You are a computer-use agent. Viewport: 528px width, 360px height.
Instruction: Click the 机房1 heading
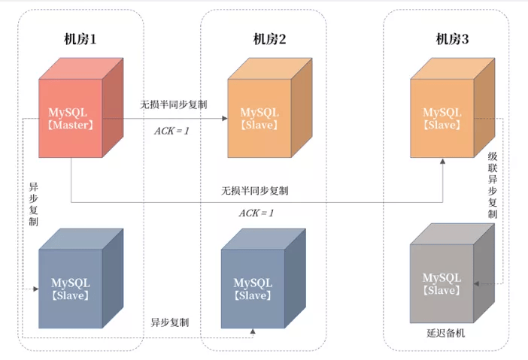[x=81, y=40]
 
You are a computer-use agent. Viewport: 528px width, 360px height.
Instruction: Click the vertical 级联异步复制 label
[x=493, y=185]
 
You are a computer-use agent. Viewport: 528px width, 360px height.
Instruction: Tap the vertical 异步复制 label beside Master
[x=34, y=204]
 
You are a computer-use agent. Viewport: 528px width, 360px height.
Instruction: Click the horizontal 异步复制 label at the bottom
[x=170, y=322]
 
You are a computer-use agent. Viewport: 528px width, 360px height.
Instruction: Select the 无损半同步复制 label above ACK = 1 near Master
[x=174, y=104]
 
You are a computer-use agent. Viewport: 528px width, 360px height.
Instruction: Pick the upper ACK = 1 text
[x=172, y=130]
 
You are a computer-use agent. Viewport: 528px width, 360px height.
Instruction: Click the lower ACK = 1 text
[x=256, y=213]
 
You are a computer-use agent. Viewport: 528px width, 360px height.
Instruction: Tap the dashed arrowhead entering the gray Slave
[x=478, y=284]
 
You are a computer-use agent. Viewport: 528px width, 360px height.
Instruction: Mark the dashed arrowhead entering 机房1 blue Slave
[x=35, y=288]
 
